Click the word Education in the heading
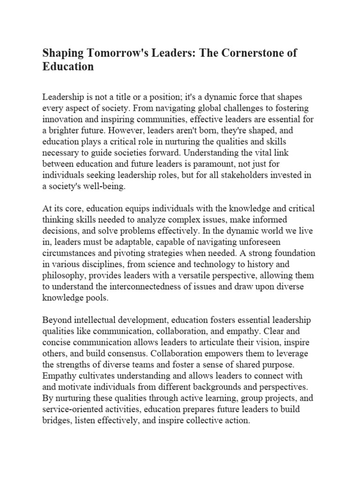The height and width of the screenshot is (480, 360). (x=68, y=67)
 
